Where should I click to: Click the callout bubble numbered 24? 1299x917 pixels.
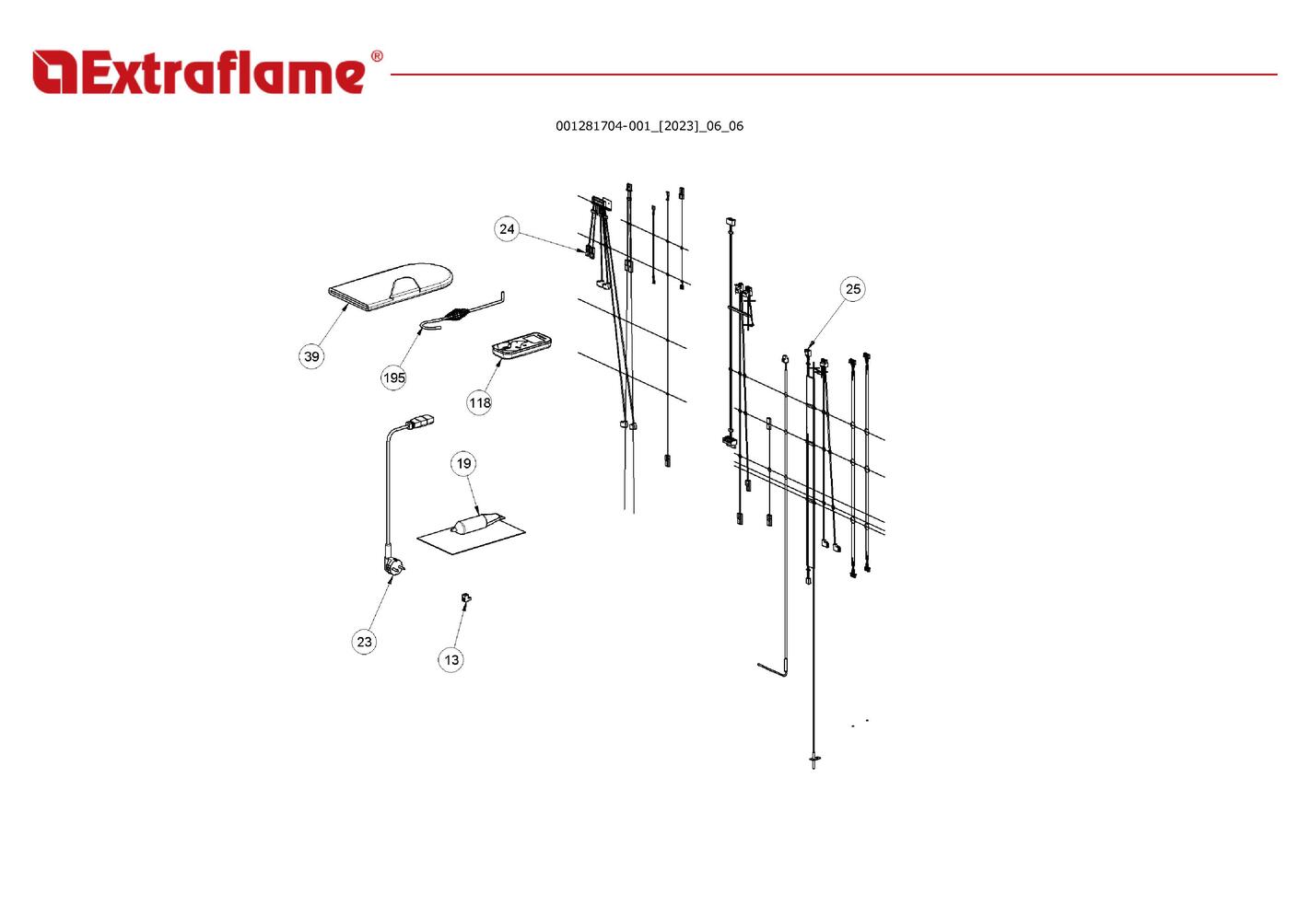pyautogui.click(x=507, y=229)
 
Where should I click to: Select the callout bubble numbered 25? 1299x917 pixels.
pyautogui.click(x=852, y=289)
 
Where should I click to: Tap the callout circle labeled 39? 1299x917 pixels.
pyautogui.click(x=311, y=356)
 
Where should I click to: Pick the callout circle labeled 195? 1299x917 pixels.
pyautogui.click(x=393, y=377)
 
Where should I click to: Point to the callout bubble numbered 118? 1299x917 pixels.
pyautogui.click(x=479, y=402)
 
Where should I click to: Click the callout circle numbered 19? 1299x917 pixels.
pyautogui.click(x=463, y=463)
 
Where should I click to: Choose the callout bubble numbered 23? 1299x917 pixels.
pyautogui.click(x=364, y=641)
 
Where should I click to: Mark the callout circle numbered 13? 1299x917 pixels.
pyautogui.click(x=451, y=659)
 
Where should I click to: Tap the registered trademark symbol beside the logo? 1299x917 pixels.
pyautogui.click(x=377, y=56)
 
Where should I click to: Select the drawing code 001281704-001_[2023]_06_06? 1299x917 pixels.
pyautogui.click(x=649, y=126)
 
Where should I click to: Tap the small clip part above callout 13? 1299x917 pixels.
pyautogui.click(x=465, y=597)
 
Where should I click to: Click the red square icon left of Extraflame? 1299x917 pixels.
pyautogui.click(x=54, y=72)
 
